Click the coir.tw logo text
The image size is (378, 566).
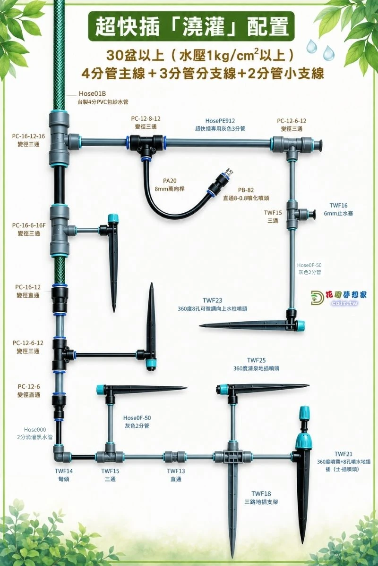[x=345, y=303]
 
